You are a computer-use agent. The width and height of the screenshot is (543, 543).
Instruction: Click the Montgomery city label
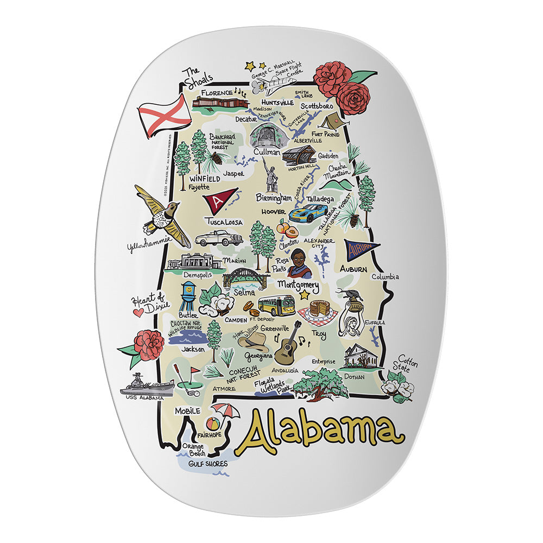298,284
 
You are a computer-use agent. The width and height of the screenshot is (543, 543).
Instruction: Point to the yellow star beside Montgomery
304,295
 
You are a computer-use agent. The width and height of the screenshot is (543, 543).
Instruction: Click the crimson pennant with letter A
219,199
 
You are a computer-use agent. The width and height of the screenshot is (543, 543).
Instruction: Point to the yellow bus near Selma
276,306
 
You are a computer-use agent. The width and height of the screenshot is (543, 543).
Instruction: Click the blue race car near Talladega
311,213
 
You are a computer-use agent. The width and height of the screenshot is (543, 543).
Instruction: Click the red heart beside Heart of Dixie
139,313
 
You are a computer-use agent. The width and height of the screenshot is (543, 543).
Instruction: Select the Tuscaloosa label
224,222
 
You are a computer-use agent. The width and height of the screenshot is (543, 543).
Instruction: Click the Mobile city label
187,412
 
